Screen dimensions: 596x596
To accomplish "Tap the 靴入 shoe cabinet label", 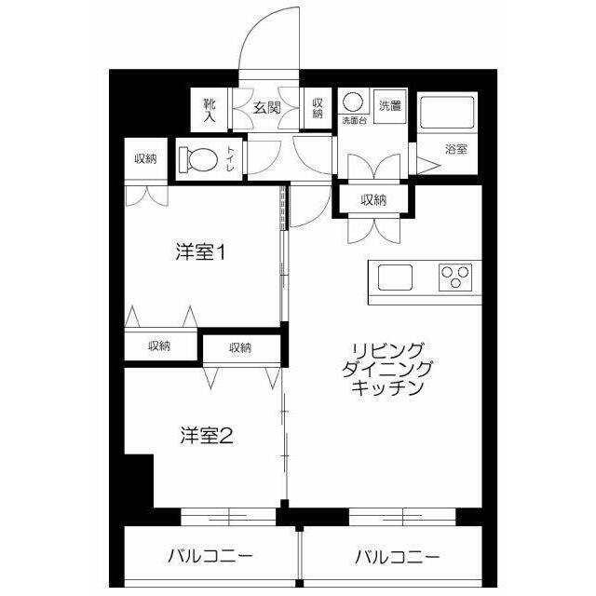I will coord(210,108).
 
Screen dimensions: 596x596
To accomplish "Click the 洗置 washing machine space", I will coord(390,105).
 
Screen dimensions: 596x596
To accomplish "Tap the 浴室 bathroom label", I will coord(455,149).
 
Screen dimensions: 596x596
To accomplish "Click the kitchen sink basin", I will coord(394,277).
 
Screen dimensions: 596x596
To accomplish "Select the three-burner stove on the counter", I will coord(455,277).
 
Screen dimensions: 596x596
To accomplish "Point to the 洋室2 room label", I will coord(206,434).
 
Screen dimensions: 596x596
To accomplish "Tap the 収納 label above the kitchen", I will coord(373,199).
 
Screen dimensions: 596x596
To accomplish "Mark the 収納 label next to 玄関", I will coord(318,108).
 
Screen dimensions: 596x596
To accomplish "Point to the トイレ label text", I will coord(230,160).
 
